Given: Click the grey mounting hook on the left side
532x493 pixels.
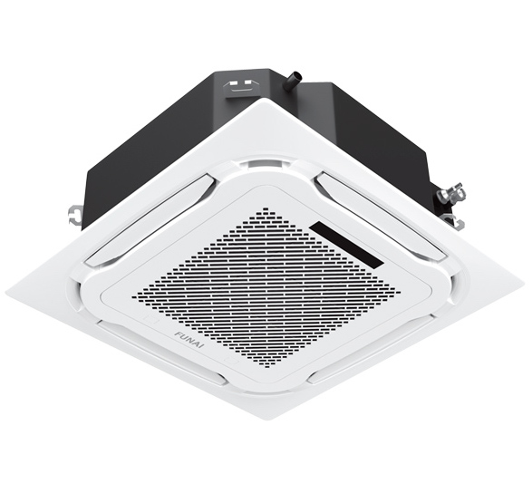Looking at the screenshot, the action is point(75,214).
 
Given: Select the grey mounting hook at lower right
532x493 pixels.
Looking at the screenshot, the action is point(455,221).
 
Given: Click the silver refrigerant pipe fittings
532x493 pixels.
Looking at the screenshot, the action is point(451,195).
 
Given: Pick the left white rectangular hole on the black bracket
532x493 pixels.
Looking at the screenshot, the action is point(234,82).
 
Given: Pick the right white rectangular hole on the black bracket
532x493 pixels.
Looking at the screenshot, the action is point(248,82).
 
